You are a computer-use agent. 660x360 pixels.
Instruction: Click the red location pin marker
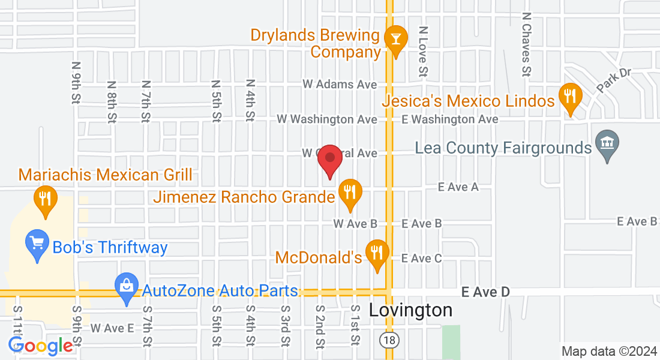[x=329, y=160]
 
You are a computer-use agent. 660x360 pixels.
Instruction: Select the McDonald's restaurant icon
[x=377, y=254]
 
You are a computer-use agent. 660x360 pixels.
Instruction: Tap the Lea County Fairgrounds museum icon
[x=607, y=144]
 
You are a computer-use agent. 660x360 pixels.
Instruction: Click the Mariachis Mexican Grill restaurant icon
[x=44, y=198]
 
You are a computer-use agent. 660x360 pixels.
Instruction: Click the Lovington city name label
[x=410, y=310]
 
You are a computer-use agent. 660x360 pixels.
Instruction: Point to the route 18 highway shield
[x=388, y=340]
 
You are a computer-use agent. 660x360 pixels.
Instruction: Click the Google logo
[x=40, y=346]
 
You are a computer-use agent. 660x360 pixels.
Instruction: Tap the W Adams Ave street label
[x=340, y=85]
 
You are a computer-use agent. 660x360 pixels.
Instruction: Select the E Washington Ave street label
[x=450, y=119]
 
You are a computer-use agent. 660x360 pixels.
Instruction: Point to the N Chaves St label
[x=526, y=45]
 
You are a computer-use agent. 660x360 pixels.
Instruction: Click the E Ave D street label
[x=486, y=292]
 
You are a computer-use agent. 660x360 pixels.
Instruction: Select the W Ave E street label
[x=112, y=328]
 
